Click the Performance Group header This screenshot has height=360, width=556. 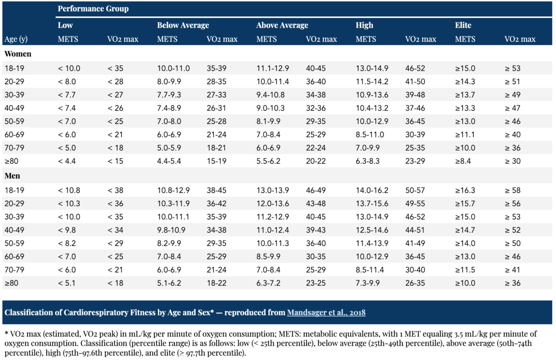click(x=93, y=9)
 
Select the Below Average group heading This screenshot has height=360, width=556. click(x=183, y=25)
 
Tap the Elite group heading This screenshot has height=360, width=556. click(x=463, y=25)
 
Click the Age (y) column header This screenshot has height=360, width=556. click(x=16, y=39)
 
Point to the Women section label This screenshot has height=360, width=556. click(x=18, y=54)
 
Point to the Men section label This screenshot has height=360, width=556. click(x=12, y=176)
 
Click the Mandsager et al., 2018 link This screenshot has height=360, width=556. click(x=326, y=313)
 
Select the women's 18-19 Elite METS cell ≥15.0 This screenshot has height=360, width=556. click(x=465, y=68)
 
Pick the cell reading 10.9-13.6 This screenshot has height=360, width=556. click(x=372, y=95)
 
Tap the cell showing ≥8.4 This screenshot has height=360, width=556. click(x=463, y=161)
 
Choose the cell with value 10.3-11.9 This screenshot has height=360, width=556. click(x=173, y=204)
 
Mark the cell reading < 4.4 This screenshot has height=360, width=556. click(x=67, y=161)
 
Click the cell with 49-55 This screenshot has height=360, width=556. click(x=415, y=204)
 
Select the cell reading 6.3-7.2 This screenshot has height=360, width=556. click(x=268, y=283)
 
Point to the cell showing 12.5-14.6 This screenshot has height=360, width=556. click(x=372, y=230)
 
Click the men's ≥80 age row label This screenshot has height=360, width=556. click(x=11, y=283)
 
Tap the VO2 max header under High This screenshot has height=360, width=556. click(x=421, y=39)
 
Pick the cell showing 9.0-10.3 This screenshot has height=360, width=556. click(x=270, y=108)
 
